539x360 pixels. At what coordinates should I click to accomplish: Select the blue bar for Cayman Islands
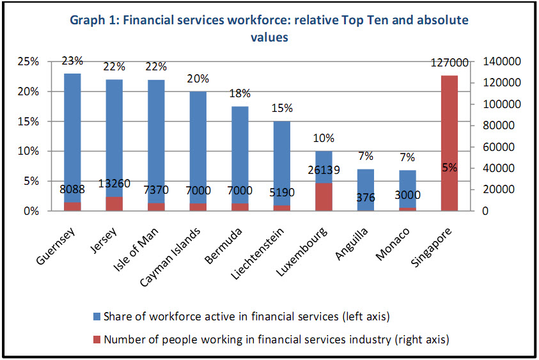(198, 147)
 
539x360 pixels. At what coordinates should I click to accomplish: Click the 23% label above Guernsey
(72, 61)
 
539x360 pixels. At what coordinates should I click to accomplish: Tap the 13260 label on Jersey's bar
(114, 184)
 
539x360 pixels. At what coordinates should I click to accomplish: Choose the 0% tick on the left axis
(29, 211)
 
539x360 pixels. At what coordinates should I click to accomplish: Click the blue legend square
(97, 317)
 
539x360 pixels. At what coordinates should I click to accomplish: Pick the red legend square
(97, 340)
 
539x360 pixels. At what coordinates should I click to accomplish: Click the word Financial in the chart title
(153, 20)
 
